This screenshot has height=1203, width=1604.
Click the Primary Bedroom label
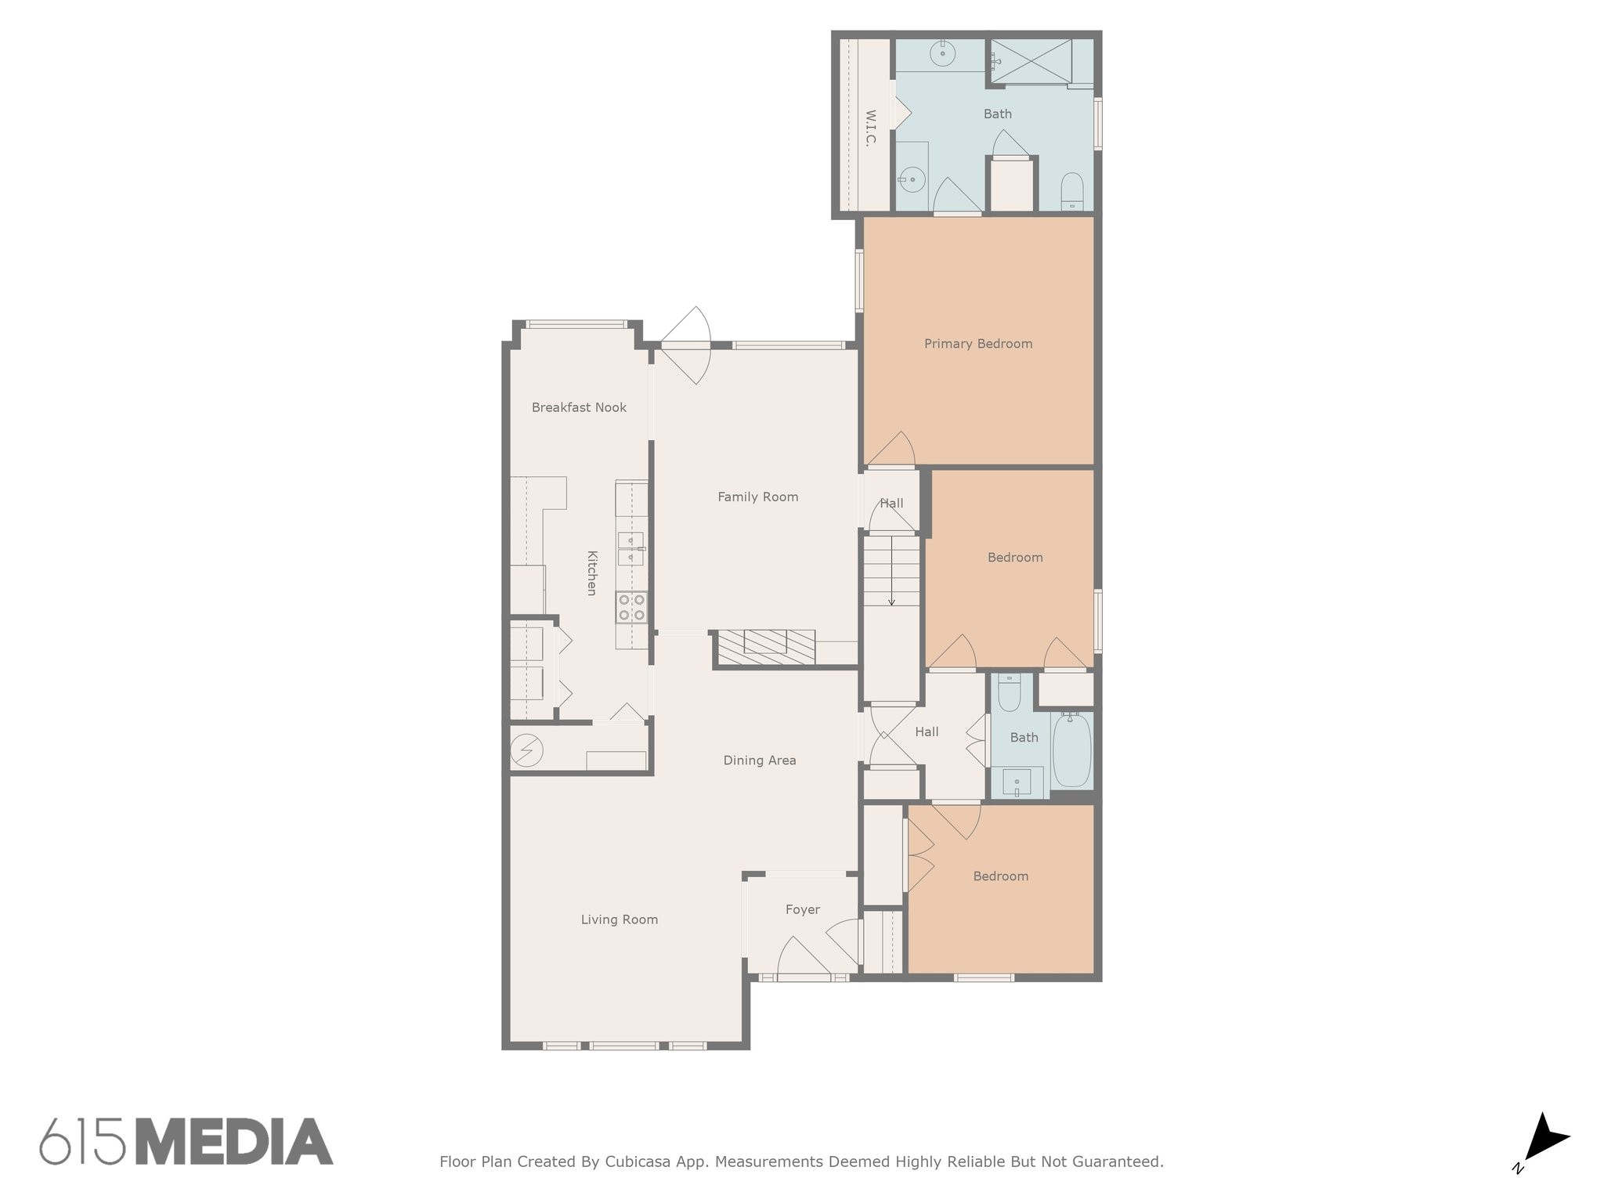(x=977, y=344)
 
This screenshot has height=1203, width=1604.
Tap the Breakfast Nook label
(x=579, y=407)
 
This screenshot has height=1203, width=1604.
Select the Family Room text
(x=757, y=497)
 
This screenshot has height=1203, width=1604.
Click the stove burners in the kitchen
(x=631, y=607)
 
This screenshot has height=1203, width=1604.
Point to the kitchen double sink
(x=630, y=548)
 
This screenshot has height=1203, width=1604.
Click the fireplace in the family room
(x=766, y=647)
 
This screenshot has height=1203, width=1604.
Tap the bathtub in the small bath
(x=1071, y=750)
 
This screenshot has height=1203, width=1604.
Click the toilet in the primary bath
(x=1071, y=191)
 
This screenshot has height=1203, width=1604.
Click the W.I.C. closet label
(x=870, y=128)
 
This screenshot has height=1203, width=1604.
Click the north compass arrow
(x=1544, y=1139)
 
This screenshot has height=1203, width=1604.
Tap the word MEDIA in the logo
(x=234, y=1142)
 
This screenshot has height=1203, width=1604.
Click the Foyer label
(x=802, y=909)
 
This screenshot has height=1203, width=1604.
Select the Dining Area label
(x=759, y=760)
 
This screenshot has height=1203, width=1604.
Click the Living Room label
(x=619, y=919)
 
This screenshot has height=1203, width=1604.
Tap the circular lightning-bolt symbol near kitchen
(x=526, y=751)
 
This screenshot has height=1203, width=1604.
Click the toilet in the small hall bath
(x=1010, y=692)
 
